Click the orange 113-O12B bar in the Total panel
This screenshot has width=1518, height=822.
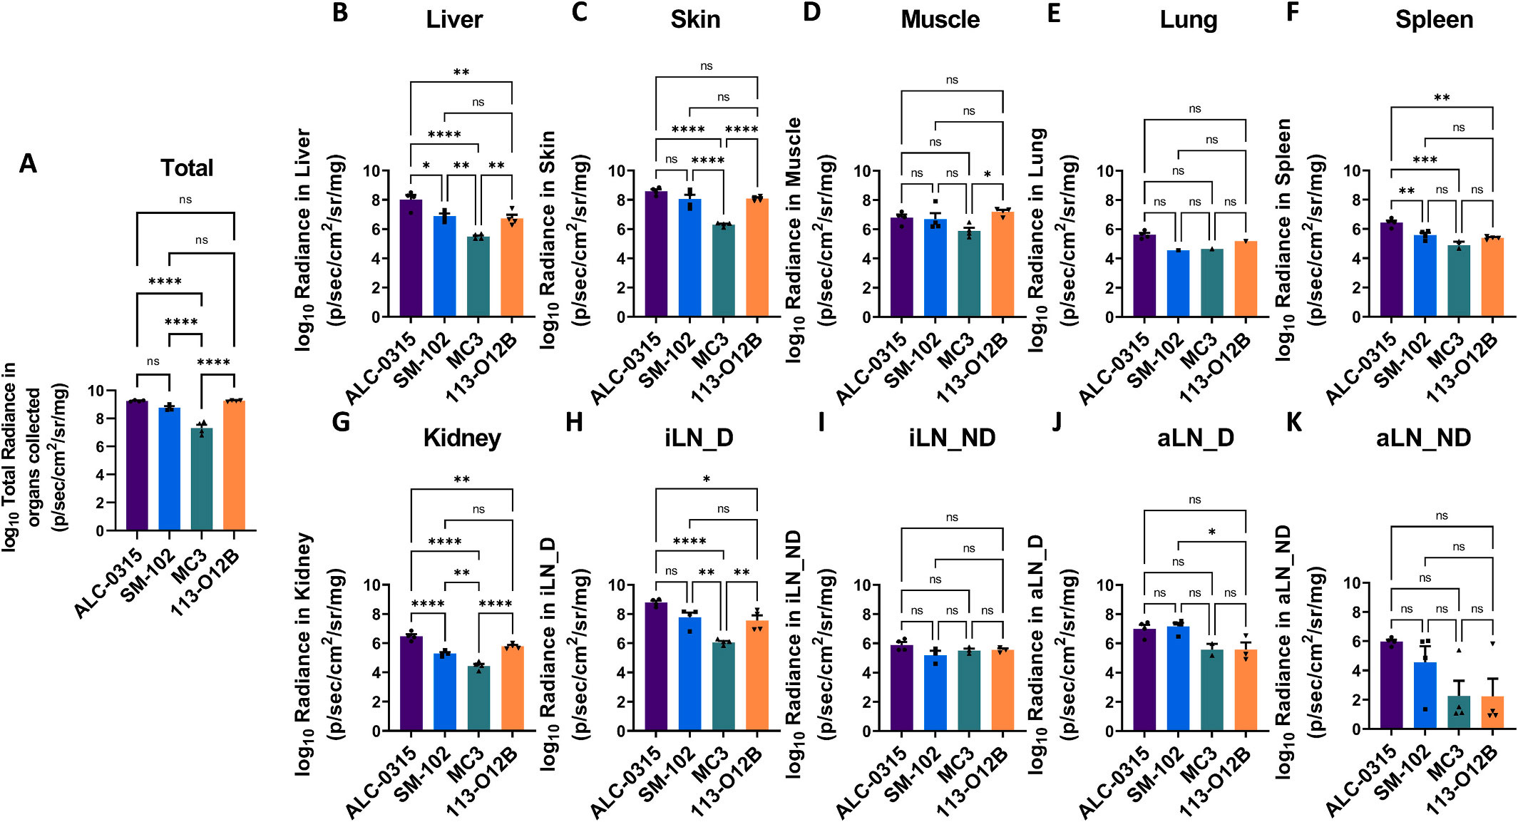click(x=234, y=467)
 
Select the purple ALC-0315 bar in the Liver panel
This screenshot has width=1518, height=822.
click(x=411, y=260)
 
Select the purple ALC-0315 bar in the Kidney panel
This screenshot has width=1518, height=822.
click(x=411, y=684)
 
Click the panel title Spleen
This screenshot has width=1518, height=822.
click(x=1434, y=20)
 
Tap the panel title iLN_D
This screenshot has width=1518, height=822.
click(x=698, y=438)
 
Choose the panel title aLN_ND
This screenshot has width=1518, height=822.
click(x=1423, y=438)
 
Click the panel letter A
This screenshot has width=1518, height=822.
click(x=28, y=164)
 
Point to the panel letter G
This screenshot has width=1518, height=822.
click(x=341, y=422)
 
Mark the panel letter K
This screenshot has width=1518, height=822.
click(x=1293, y=422)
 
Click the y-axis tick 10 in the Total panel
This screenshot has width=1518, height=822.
click(x=96, y=391)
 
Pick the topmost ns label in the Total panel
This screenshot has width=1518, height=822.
click(x=185, y=200)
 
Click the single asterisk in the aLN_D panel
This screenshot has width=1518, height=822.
click(x=1211, y=532)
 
